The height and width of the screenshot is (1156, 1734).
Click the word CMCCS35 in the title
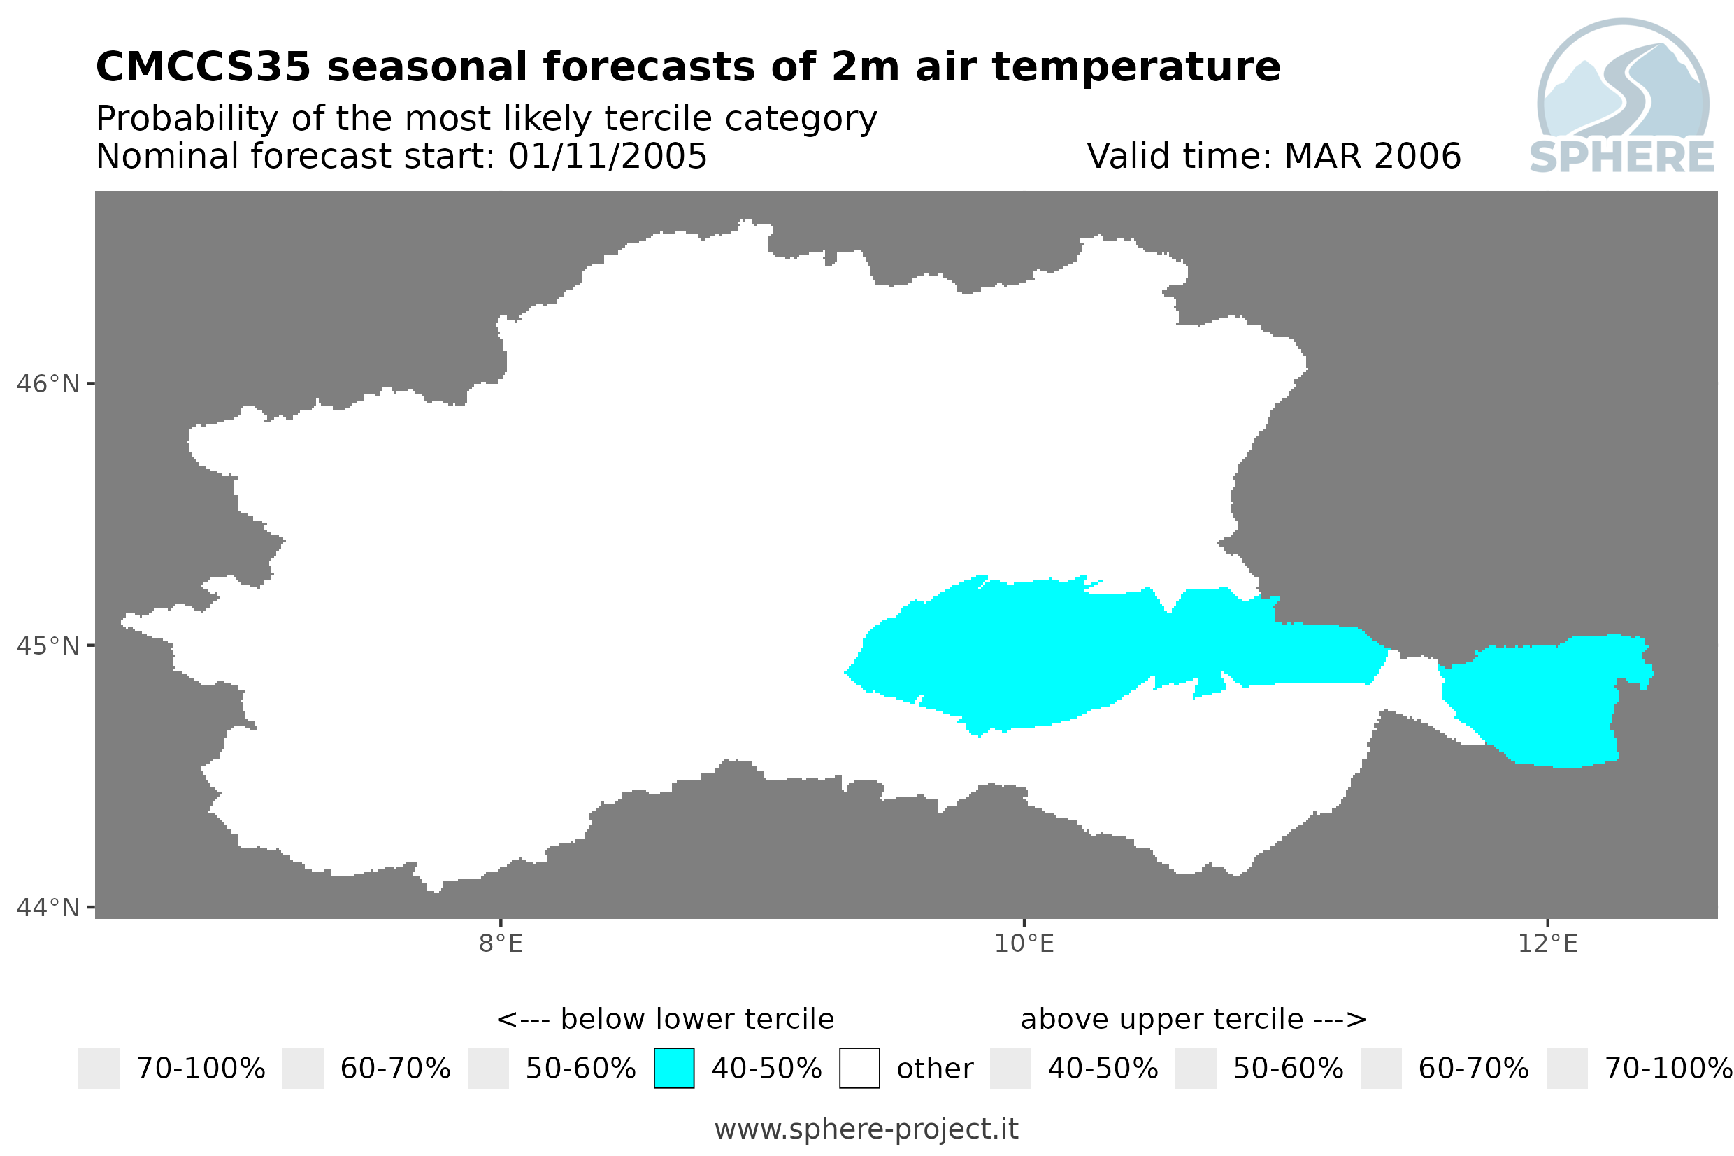[x=203, y=67]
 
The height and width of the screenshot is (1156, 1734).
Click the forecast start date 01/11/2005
[x=607, y=156]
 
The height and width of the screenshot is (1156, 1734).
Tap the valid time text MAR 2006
[x=1372, y=156]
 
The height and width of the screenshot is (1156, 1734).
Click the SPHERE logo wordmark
[x=1622, y=157]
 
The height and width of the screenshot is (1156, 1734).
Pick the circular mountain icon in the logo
[x=1623, y=80]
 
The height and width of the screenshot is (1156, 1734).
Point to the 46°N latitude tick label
[x=47, y=384]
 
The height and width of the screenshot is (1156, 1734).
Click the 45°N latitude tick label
[x=47, y=645]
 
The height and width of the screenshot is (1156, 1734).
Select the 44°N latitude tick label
[x=47, y=908]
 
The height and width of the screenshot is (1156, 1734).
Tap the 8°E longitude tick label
[x=501, y=943]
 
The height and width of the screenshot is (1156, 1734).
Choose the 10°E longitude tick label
[x=1024, y=943]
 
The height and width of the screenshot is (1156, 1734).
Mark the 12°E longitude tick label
[x=1547, y=943]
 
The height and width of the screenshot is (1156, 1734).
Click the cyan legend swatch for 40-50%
[x=673, y=1069]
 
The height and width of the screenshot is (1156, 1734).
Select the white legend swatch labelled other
[x=859, y=1069]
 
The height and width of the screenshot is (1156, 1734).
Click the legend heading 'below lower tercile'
[x=696, y=1020]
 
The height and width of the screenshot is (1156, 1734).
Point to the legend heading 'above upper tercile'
[x=1161, y=1020]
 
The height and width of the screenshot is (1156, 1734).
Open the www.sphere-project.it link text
[x=866, y=1129]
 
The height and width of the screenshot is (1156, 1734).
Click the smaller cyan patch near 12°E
[x=1540, y=700]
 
